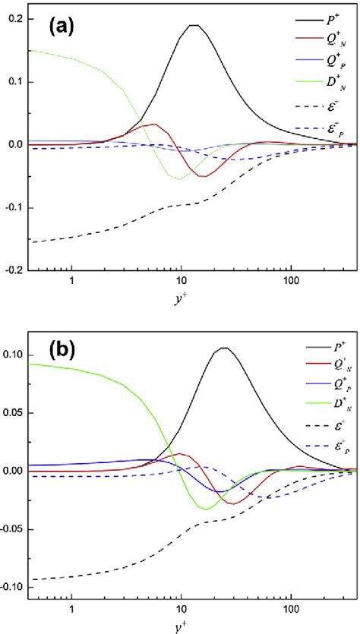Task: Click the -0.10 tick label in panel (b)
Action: coord(11,588)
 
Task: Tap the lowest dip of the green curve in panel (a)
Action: coord(179,178)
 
